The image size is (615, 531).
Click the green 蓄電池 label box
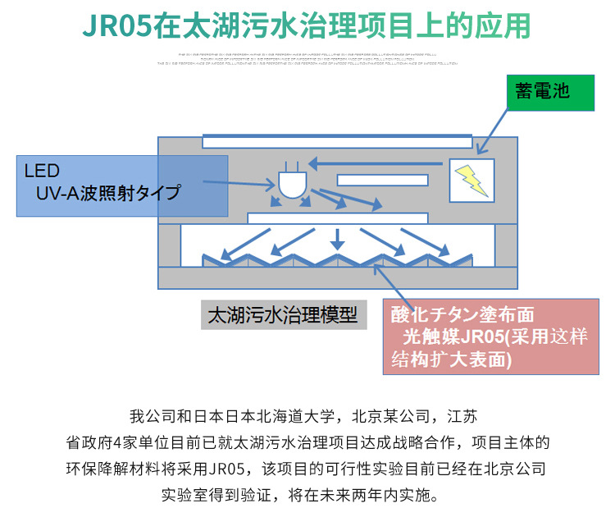pos(549,91)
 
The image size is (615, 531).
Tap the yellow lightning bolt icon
pos(472,181)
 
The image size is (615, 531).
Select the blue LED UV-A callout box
pos(124,185)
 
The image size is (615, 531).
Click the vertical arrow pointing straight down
pos(335,237)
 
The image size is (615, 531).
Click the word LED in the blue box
pos(42,172)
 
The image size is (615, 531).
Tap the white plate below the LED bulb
pos(337,218)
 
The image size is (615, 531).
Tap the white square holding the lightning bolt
pos(472,180)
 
